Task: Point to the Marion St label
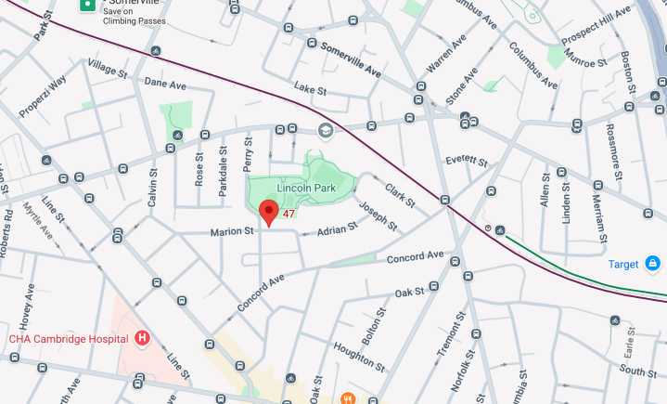click(x=231, y=231)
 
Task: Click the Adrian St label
click(x=337, y=229)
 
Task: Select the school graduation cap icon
click(x=325, y=129)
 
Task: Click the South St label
click(x=638, y=371)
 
